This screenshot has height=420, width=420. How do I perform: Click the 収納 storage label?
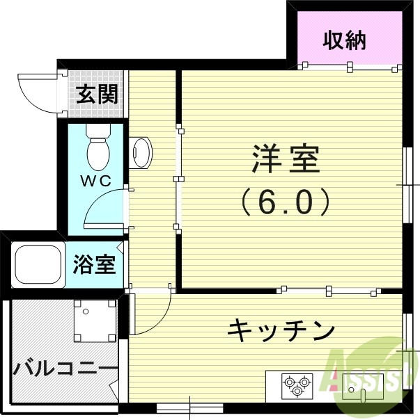(345, 41)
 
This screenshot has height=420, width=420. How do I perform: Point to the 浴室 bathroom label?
(93, 265)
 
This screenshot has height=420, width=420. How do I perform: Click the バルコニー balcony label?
(61, 366)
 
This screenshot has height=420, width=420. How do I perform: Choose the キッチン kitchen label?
(281, 330)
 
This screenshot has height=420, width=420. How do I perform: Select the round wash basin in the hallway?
(141, 152)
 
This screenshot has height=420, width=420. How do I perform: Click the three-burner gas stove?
(297, 385)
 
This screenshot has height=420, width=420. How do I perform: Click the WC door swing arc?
(104, 209)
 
